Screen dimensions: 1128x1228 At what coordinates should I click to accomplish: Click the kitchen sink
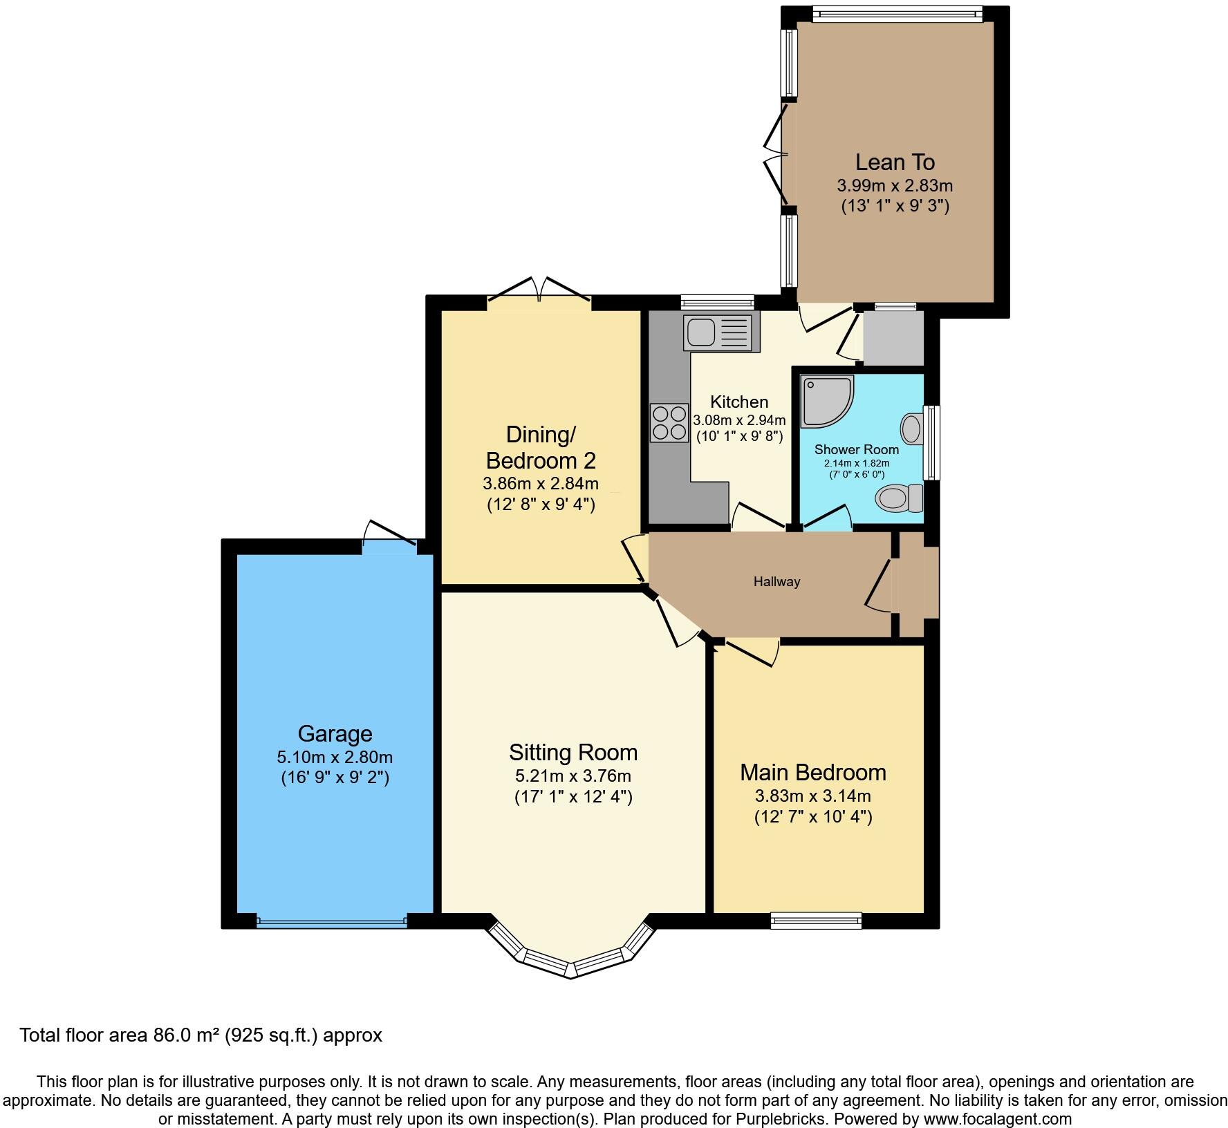(x=717, y=332)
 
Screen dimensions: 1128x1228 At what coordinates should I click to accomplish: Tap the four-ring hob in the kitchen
(x=668, y=423)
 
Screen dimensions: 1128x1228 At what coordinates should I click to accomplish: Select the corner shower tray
(x=826, y=402)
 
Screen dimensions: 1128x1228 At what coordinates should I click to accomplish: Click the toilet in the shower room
(x=900, y=498)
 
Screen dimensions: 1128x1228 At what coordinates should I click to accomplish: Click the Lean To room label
(x=895, y=162)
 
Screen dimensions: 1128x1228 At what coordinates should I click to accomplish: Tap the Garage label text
(x=335, y=733)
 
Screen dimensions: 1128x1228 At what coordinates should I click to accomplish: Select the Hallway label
(x=776, y=582)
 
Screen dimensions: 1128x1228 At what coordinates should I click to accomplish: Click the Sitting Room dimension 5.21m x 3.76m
(x=573, y=776)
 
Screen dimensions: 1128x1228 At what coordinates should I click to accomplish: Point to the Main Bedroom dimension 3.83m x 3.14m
(x=812, y=796)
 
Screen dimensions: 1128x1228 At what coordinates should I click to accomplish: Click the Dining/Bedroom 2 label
(x=541, y=447)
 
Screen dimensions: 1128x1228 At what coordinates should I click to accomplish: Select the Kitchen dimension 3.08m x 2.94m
(x=739, y=420)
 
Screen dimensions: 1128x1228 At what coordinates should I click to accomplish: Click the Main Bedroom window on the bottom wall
(x=816, y=921)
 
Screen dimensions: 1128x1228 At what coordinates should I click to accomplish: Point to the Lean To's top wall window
(x=897, y=13)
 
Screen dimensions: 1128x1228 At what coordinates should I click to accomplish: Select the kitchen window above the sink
(x=716, y=302)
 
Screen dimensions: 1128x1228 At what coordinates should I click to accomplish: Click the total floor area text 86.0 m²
(x=201, y=1035)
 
